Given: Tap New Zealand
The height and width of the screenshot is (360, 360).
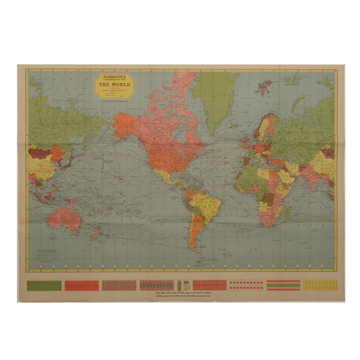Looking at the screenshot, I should [x=97, y=232].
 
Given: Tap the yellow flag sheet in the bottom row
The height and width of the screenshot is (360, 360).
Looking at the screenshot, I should [x=320, y=285].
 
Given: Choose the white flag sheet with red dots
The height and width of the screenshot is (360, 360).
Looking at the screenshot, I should [x=246, y=285].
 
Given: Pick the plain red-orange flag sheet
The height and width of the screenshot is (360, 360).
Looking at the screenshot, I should [x=82, y=285].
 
